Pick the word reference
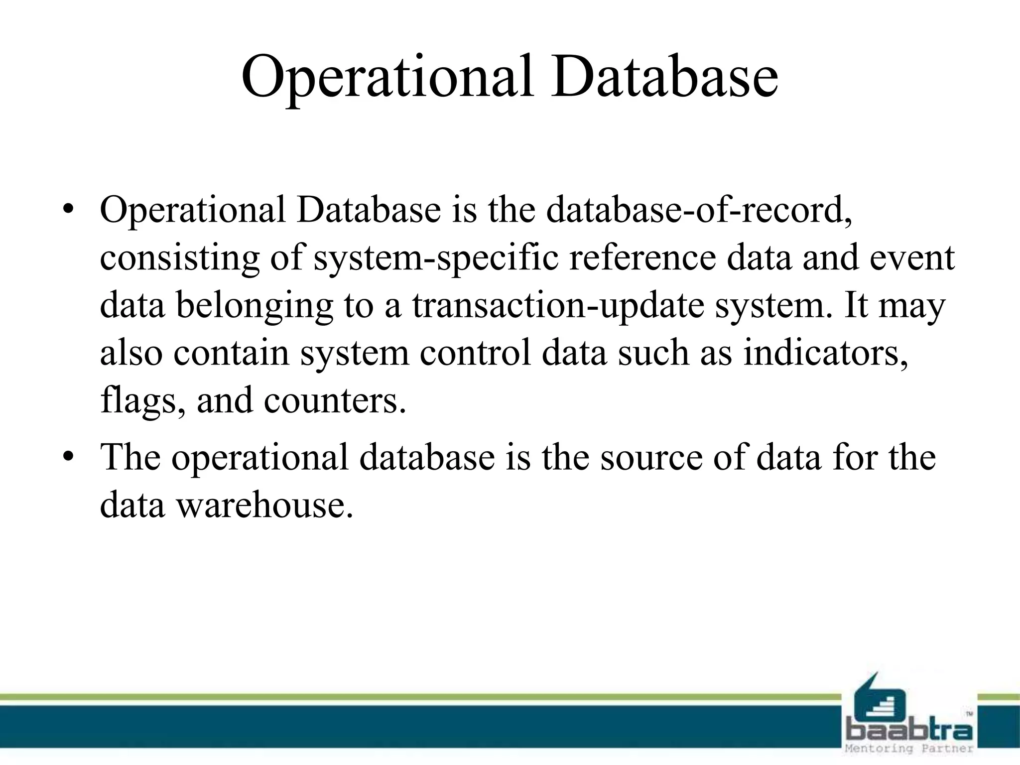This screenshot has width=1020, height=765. click(642, 257)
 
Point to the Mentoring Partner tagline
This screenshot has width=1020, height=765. click(909, 749)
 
